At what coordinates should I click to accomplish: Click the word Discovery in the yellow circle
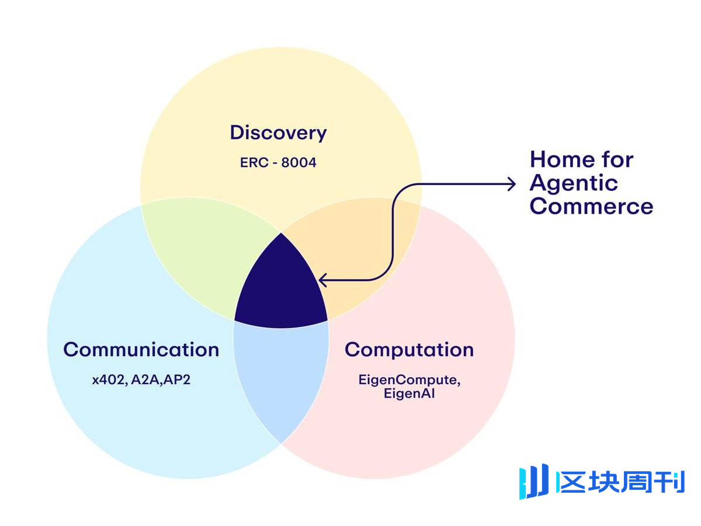coord(278,133)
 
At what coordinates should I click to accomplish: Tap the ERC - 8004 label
coord(278,162)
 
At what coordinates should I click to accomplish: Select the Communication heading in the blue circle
coord(141,350)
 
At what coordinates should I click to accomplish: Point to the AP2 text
coord(178,379)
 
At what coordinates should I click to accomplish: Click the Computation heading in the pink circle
coord(409,350)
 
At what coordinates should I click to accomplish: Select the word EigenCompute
coord(409,379)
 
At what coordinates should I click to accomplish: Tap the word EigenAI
coord(409,393)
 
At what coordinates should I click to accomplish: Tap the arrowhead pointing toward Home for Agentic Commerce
coord(512,184)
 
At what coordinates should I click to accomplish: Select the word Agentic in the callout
coord(574,183)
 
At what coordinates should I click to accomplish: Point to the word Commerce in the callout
coord(591,207)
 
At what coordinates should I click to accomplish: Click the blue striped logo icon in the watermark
coord(534,482)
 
